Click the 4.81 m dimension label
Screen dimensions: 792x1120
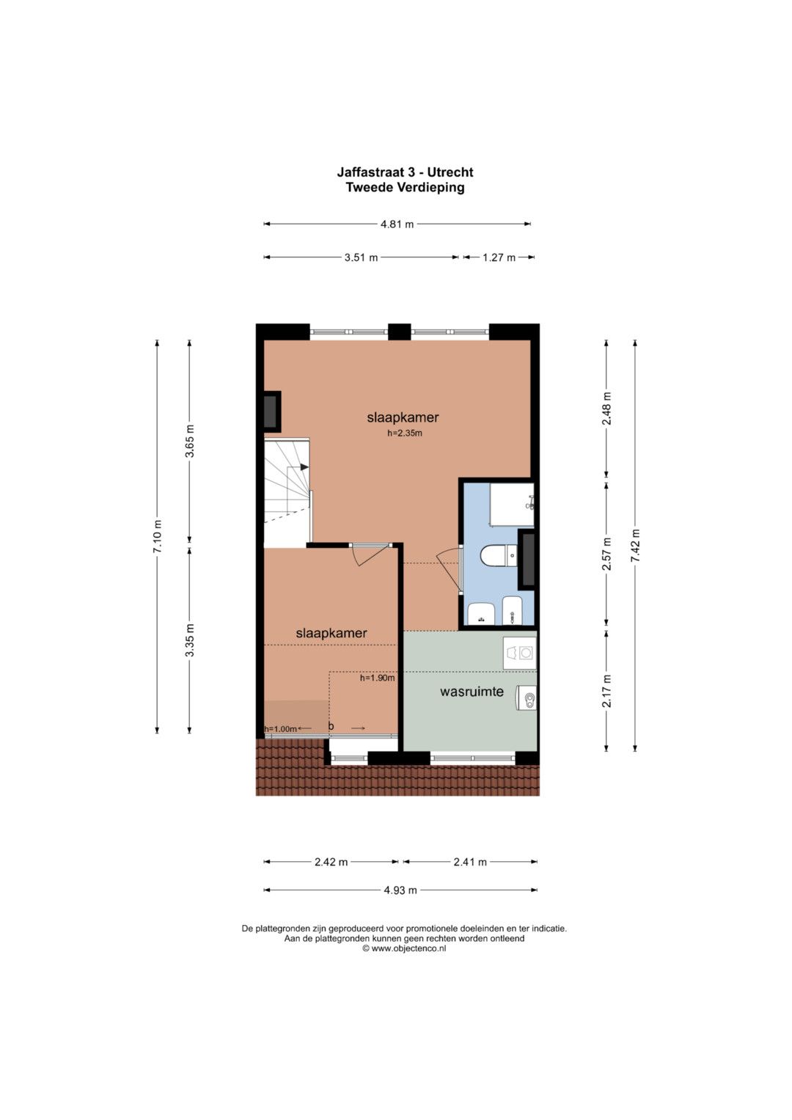click(x=397, y=224)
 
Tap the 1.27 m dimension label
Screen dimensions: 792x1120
click(x=499, y=257)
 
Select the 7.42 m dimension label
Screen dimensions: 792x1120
click(x=635, y=546)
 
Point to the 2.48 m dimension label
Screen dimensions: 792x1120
click(x=606, y=409)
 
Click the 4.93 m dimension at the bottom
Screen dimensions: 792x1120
click(x=400, y=890)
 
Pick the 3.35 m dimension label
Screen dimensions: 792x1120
click(x=189, y=641)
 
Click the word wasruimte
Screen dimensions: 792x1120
click(x=472, y=692)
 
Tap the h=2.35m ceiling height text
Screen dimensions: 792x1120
click(x=405, y=433)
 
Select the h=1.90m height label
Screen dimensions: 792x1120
click(x=378, y=678)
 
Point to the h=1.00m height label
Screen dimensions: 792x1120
click(x=280, y=729)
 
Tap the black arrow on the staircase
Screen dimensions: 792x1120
click(x=304, y=467)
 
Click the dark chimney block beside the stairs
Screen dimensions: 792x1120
click(x=273, y=411)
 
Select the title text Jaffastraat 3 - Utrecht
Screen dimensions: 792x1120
click(x=405, y=172)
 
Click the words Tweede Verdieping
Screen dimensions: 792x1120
click(x=405, y=188)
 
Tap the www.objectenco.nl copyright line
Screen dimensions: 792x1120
click(x=404, y=948)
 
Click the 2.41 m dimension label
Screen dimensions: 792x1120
click(x=470, y=862)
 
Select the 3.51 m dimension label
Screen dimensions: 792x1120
click(x=361, y=257)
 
